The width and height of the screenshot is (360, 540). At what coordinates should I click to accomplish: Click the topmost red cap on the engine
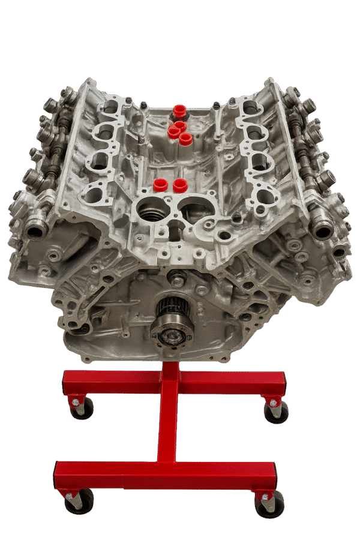[178, 111]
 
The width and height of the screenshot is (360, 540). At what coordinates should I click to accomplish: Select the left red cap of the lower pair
[160, 184]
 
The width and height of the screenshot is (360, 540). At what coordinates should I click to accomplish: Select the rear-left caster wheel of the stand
[82, 408]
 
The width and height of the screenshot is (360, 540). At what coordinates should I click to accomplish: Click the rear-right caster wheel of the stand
[276, 412]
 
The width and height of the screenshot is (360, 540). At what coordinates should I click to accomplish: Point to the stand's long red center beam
[167, 420]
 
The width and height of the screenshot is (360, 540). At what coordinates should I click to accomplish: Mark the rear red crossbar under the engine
[173, 381]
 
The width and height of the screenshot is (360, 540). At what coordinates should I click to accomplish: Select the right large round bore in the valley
[198, 211]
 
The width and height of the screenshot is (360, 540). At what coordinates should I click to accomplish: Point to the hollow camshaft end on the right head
[324, 229]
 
